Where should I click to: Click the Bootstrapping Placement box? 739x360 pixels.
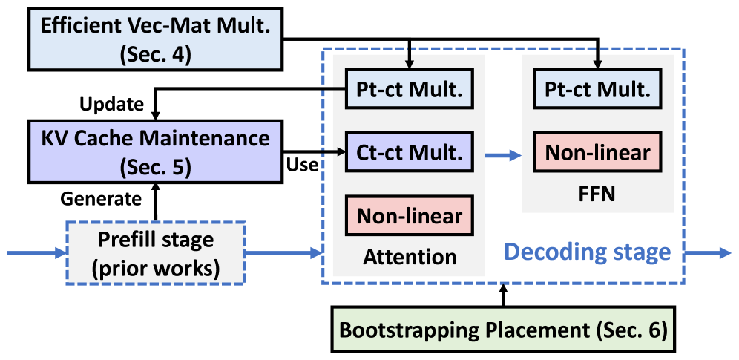coord(503,329)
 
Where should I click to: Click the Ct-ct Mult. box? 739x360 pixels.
coord(410,153)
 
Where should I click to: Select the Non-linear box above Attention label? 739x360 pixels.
coord(410,216)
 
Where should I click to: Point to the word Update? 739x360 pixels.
coord(111,104)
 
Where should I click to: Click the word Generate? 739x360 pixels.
coord(105,198)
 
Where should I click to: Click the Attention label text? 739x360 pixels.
coord(410,257)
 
